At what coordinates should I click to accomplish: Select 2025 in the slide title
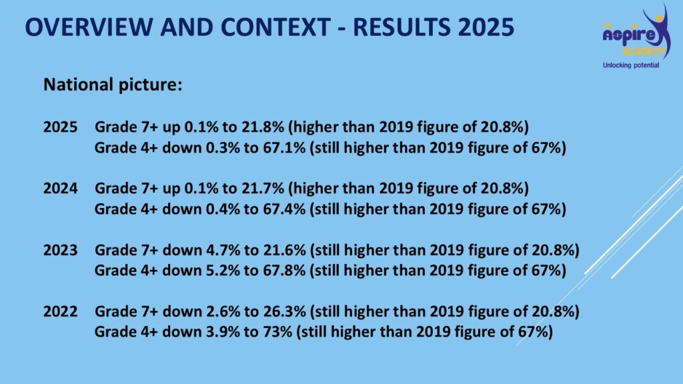tap(486, 27)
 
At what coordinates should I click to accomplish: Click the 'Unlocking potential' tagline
tap(631, 65)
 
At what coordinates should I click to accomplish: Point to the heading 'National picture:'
tap(113, 85)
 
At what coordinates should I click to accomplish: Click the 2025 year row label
tap(60, 127)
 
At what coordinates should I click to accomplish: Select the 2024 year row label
tap(60, 189)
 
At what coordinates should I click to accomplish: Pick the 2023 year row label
tap(60, 251)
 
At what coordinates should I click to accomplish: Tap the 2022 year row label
tap(60, 312)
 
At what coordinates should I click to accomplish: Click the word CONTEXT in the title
tap(275, 27)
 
